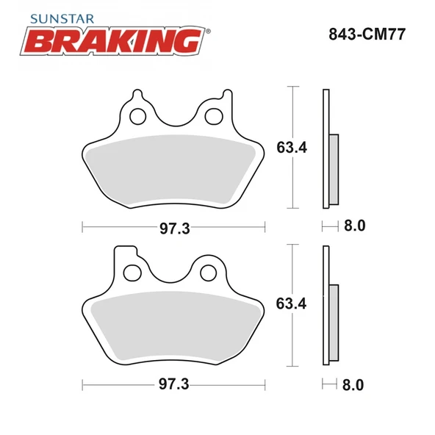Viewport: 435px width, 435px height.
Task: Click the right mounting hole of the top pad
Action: pos(214,115)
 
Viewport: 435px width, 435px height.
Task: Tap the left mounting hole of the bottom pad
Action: pos(132,273)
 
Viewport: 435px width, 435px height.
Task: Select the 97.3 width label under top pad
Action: pos(175,228)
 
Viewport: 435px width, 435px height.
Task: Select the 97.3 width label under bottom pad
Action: pos(175,384)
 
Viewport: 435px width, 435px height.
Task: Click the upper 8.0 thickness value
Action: pos(354,226)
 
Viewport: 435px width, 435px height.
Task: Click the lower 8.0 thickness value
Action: pos(354,384)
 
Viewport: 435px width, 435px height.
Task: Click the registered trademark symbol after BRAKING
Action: pos(207,32)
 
